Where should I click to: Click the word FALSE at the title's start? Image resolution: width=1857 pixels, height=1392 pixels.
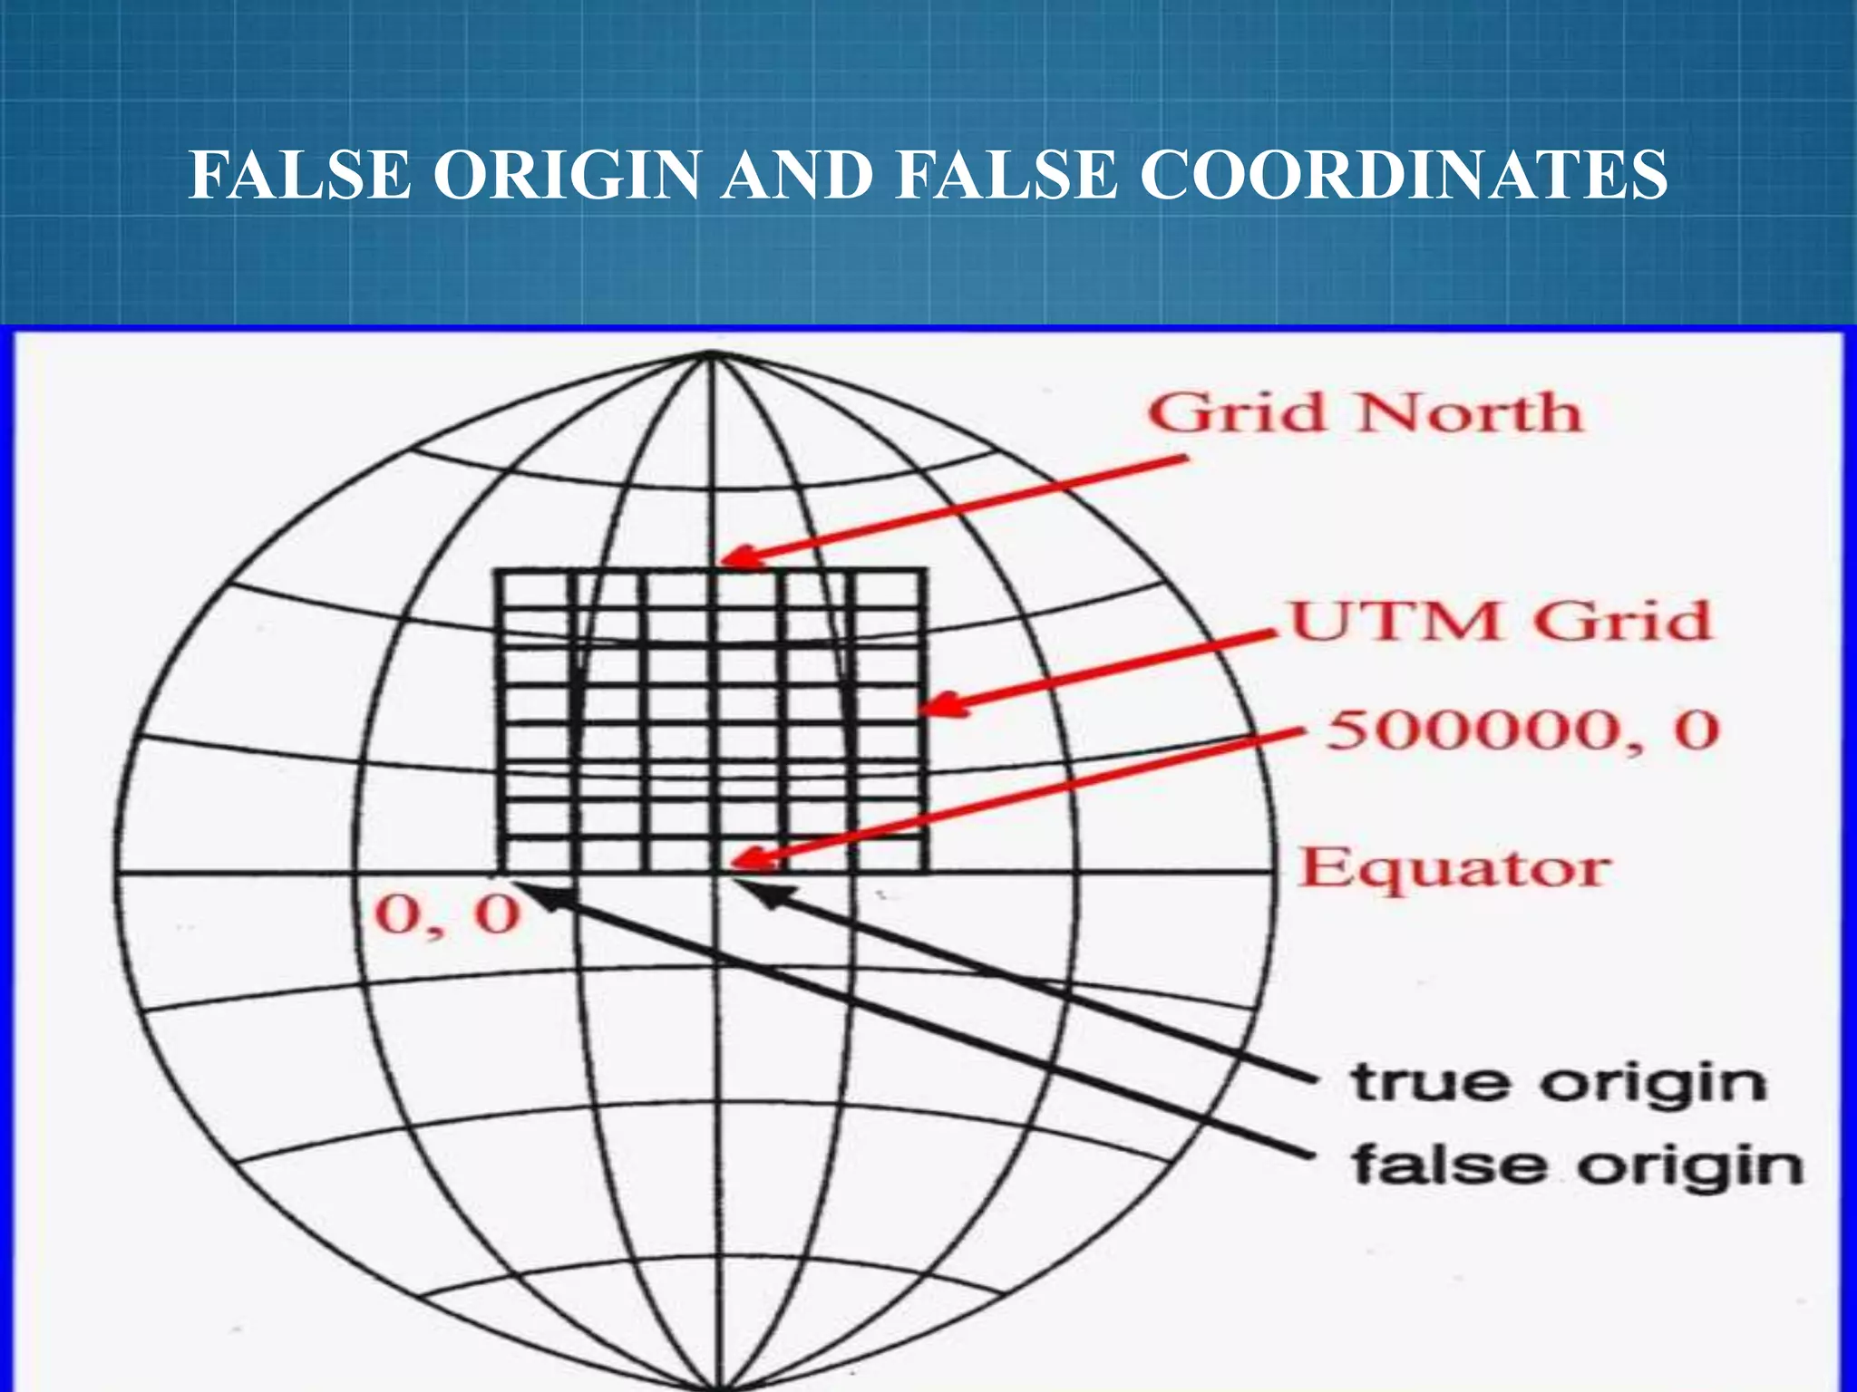301,176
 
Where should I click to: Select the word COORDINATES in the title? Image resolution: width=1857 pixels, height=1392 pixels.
1403,176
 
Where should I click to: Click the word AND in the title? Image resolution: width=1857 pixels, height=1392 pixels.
798,176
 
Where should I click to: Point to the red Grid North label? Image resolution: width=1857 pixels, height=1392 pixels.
1365,413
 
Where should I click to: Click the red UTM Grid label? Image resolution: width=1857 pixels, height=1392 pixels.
1501,622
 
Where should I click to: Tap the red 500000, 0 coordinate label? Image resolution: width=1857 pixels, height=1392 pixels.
1523,730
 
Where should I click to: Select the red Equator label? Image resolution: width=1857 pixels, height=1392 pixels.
1454,868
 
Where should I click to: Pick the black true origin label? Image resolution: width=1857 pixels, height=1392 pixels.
1558,1084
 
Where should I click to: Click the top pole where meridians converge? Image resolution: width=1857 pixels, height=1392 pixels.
713,354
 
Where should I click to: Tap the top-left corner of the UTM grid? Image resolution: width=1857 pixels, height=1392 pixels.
497,571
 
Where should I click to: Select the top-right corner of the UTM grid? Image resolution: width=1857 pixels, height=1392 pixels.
925,571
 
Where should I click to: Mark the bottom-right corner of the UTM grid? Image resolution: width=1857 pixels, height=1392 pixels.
925,872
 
